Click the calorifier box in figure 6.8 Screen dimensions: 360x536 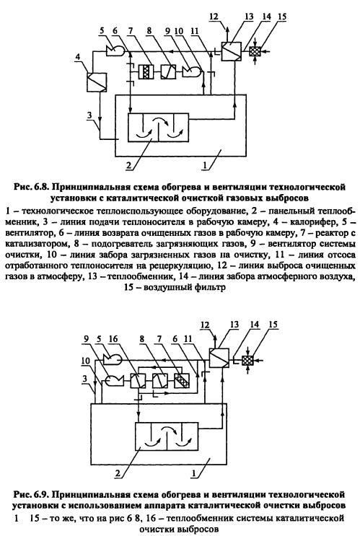pos(97,82)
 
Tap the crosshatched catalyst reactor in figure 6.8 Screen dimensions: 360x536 pos(146,72)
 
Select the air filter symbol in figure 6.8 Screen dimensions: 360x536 pos(255,51)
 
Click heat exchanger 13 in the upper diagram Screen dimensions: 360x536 pos(232,51)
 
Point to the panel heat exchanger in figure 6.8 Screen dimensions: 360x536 pos(158,127)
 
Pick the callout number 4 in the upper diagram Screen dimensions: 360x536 pos(78,56)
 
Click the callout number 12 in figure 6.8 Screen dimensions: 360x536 pos(214,16)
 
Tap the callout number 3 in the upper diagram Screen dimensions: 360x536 pos(89,115)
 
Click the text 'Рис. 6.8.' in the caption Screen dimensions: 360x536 pos(32,187)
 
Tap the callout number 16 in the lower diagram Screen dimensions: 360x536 pos(113,339)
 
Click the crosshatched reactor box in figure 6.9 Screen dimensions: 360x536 pos(181,380)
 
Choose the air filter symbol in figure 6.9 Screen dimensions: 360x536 pos(247,361)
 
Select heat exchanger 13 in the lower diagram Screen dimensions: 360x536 pos(219,359)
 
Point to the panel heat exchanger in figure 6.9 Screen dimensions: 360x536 pos(167,436)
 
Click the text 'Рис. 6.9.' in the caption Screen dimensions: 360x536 pos(32,495)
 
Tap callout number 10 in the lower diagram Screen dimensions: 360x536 pos(85,361)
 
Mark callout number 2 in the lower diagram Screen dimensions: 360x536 pos(118,473)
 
